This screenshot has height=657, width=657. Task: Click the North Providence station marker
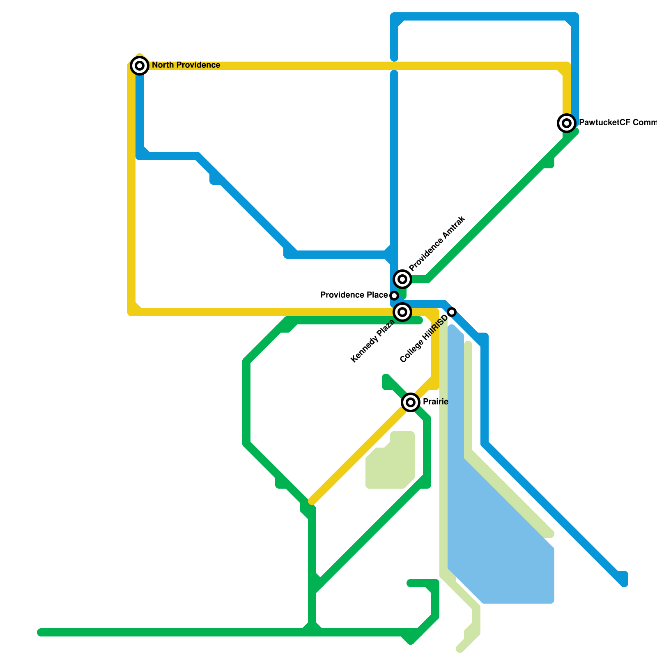click(140, 65)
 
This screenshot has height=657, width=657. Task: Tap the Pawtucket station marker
click(567, 123)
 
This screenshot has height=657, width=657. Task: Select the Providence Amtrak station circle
click(402, 279)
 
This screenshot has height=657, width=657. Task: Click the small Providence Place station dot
click(394, 296)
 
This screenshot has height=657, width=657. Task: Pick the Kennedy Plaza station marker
click(402, 312)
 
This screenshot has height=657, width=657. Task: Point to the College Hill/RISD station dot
click(452, 312)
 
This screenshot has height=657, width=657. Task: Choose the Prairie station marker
click(411, 402)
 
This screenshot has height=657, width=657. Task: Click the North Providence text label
click(186, 65)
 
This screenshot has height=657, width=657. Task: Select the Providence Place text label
click(354, 295)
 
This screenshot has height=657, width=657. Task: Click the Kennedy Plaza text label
click(372, 341)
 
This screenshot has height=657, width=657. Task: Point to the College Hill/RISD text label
click(423, 340)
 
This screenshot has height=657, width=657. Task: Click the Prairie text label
click(435, 402)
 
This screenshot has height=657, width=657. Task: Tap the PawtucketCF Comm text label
click(618, 123)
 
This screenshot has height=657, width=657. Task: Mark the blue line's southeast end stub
click(623, 579)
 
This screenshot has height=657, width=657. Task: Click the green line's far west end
click(40, 632)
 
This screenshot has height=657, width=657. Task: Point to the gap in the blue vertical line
click(394, 66)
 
